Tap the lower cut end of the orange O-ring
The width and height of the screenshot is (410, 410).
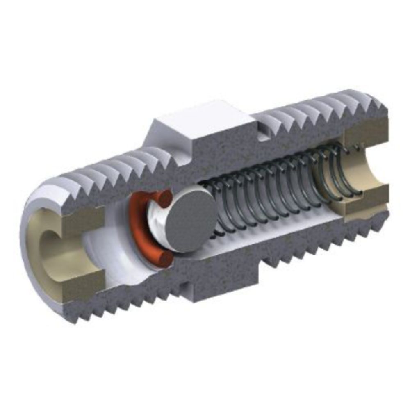coord(166,259)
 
